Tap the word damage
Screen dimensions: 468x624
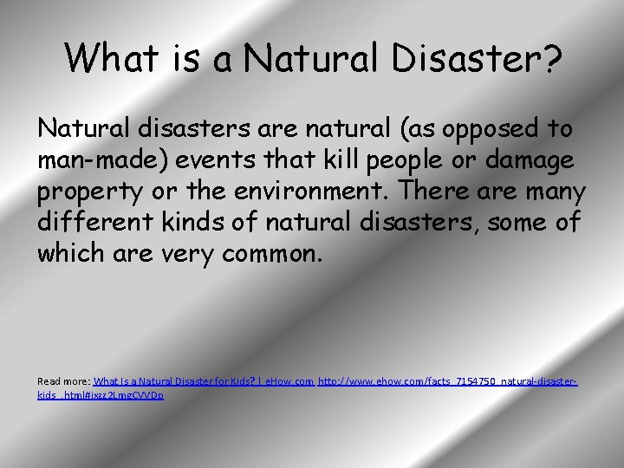tap(528, 160)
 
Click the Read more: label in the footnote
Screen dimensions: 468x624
tap(63, 381)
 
